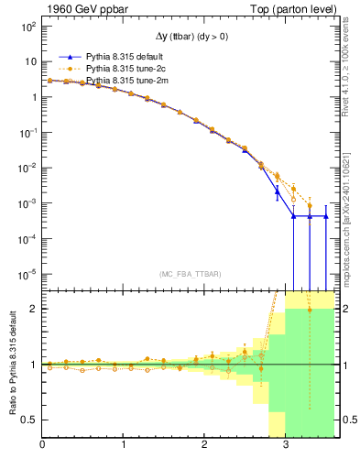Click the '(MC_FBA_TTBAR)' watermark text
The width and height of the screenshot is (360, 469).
tap(190, 272)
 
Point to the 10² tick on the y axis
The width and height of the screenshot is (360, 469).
tap(27, 26)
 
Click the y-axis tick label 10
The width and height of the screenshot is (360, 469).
tap(29, 61)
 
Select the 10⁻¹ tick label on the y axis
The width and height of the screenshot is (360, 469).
tap(27, 132)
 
